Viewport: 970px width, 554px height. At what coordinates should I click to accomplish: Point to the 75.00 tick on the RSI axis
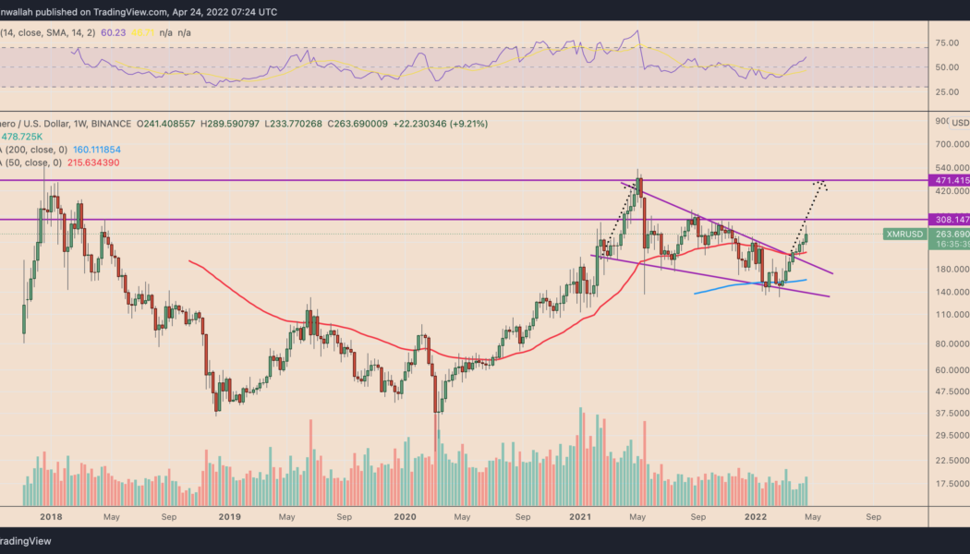tap(946, 42)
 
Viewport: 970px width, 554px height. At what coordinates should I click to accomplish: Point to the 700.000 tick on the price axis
tap(950, 145)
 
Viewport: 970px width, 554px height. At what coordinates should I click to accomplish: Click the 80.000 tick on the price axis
tap(951, 343)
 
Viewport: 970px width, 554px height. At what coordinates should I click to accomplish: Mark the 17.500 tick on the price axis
tap(951, 484)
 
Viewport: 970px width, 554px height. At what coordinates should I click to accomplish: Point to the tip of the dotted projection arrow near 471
tap(818, 182)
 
